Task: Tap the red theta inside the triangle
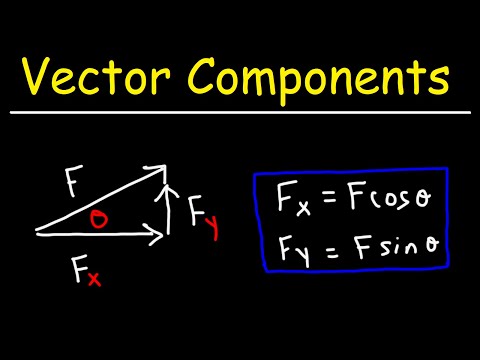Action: [99, 219]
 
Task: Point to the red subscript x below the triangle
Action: [92, 281]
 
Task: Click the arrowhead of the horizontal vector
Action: [157, 236]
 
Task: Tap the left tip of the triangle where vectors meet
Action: [37, 233]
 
